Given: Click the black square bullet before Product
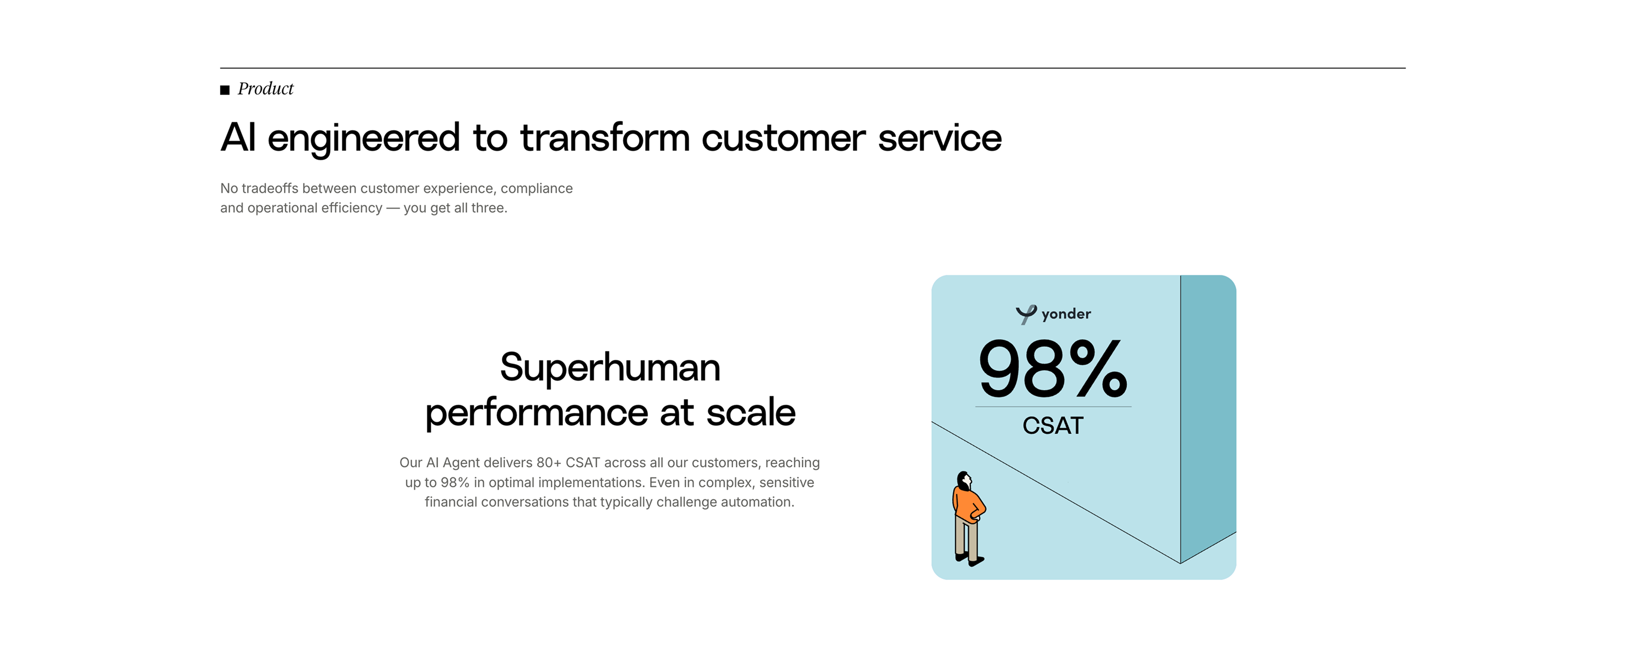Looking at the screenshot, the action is (225, 90).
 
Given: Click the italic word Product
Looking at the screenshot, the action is (266, 89).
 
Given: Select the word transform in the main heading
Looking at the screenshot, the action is (605, 138).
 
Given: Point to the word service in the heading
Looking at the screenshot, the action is (939, 138).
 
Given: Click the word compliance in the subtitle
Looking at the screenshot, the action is (536, 189).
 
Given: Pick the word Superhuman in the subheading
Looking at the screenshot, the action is (610, 367).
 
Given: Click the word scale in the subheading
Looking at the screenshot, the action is (750, 413).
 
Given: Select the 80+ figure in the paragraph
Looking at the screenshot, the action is (548, 463).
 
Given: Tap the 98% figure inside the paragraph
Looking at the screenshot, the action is (454, 482).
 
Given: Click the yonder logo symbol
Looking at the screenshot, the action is (1026, 314).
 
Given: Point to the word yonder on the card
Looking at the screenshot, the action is (1066, 314).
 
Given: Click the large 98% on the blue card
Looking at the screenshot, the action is (1053, 369).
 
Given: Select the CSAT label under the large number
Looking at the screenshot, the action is (1053, 426).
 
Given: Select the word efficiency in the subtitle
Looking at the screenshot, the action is (351, 208).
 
